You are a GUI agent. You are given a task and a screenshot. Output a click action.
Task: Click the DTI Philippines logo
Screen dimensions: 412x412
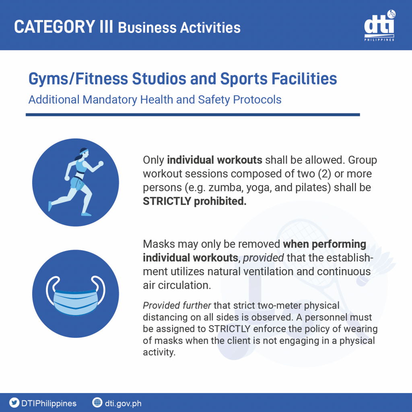click(379, 26)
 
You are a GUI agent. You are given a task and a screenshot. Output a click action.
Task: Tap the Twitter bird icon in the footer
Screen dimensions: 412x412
click(14, 403)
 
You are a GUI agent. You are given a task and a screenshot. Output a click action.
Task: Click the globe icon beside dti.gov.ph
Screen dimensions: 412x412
click(97, 402)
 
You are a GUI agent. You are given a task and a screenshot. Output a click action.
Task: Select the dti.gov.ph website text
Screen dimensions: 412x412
click(123, 403)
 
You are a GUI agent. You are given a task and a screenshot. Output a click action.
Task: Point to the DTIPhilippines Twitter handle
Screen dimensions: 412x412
click(49, 403)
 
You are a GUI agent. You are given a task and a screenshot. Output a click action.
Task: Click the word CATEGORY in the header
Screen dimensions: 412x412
click(55, 27)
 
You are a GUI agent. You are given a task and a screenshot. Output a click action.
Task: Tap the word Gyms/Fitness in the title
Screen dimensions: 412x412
click(78, 78)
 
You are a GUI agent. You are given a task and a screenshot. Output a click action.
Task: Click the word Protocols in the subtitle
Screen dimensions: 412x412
click(257, 100)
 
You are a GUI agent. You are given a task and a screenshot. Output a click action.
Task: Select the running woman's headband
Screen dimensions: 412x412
click(84, 151)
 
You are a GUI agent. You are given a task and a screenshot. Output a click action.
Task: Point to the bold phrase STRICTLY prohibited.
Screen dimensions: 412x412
click(195, 201)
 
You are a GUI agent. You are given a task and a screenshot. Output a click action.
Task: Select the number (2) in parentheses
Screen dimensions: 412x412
click(325, 174)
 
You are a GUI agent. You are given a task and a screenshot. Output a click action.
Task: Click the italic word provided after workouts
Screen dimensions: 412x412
click(263, 258)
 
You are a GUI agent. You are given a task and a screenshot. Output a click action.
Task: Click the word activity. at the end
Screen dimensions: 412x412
click(159, 352)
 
